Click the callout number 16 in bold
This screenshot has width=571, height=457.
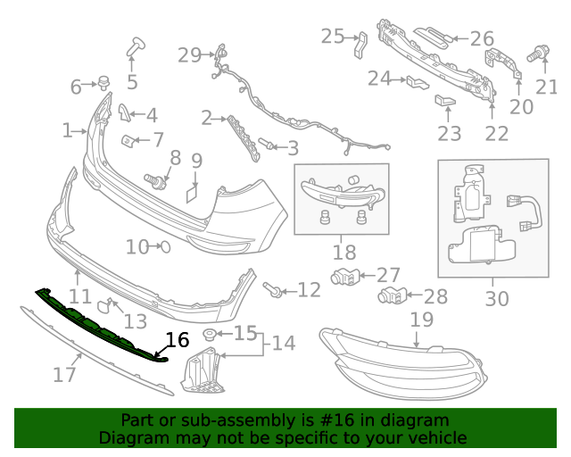[x=178, y=340]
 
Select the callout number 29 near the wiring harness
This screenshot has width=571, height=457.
[x=189, y=55]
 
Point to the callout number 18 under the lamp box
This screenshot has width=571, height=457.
[x=343, y=253]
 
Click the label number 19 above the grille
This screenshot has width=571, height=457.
[x=421, y=320]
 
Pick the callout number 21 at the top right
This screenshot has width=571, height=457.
[x=545, y=87]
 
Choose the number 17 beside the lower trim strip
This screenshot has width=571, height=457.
[x=64, y=374]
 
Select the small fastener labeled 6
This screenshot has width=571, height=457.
[x=103, y=85]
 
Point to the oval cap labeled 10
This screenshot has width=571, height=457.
[x=162, y=246]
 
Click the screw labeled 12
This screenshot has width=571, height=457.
[x=274, y=289]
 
